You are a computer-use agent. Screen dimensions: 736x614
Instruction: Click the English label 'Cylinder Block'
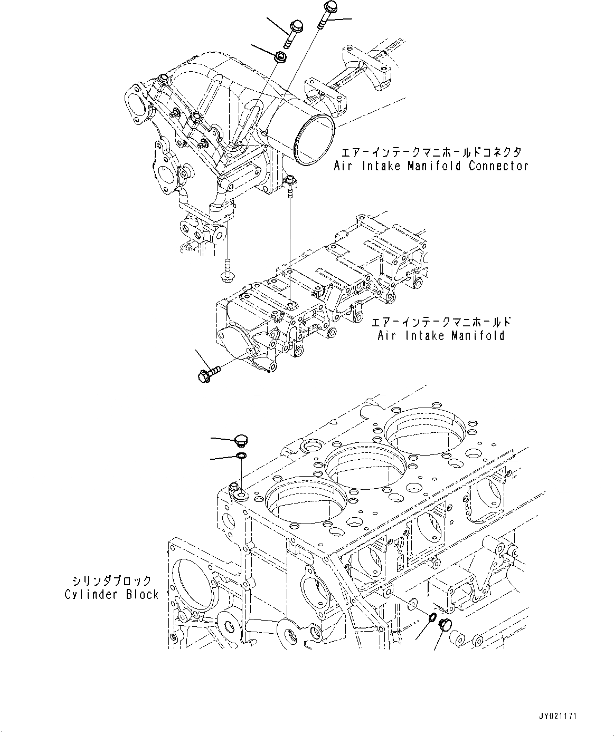tap(111, 594)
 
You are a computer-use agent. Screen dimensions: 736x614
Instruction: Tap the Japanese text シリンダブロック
tap(111, 581)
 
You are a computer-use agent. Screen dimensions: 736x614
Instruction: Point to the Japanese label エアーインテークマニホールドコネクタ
tap(431, 152)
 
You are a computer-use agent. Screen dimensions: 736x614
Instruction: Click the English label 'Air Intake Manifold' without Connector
tap(441, 335)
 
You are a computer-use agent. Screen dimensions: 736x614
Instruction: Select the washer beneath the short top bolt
tap(281, 55)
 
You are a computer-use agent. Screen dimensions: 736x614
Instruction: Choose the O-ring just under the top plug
tap(241, 456)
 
